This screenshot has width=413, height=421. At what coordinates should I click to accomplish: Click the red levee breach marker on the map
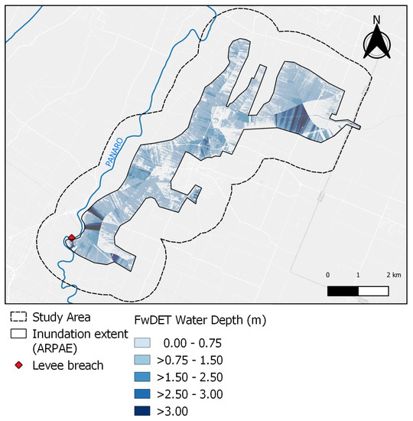(x=71, y=238)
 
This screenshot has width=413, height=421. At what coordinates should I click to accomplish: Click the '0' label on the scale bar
(x=329, y=275)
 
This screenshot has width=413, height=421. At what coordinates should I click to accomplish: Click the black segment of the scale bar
(x=343, y=291)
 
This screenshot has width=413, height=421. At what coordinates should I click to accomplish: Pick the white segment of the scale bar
(x=372, y=291)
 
